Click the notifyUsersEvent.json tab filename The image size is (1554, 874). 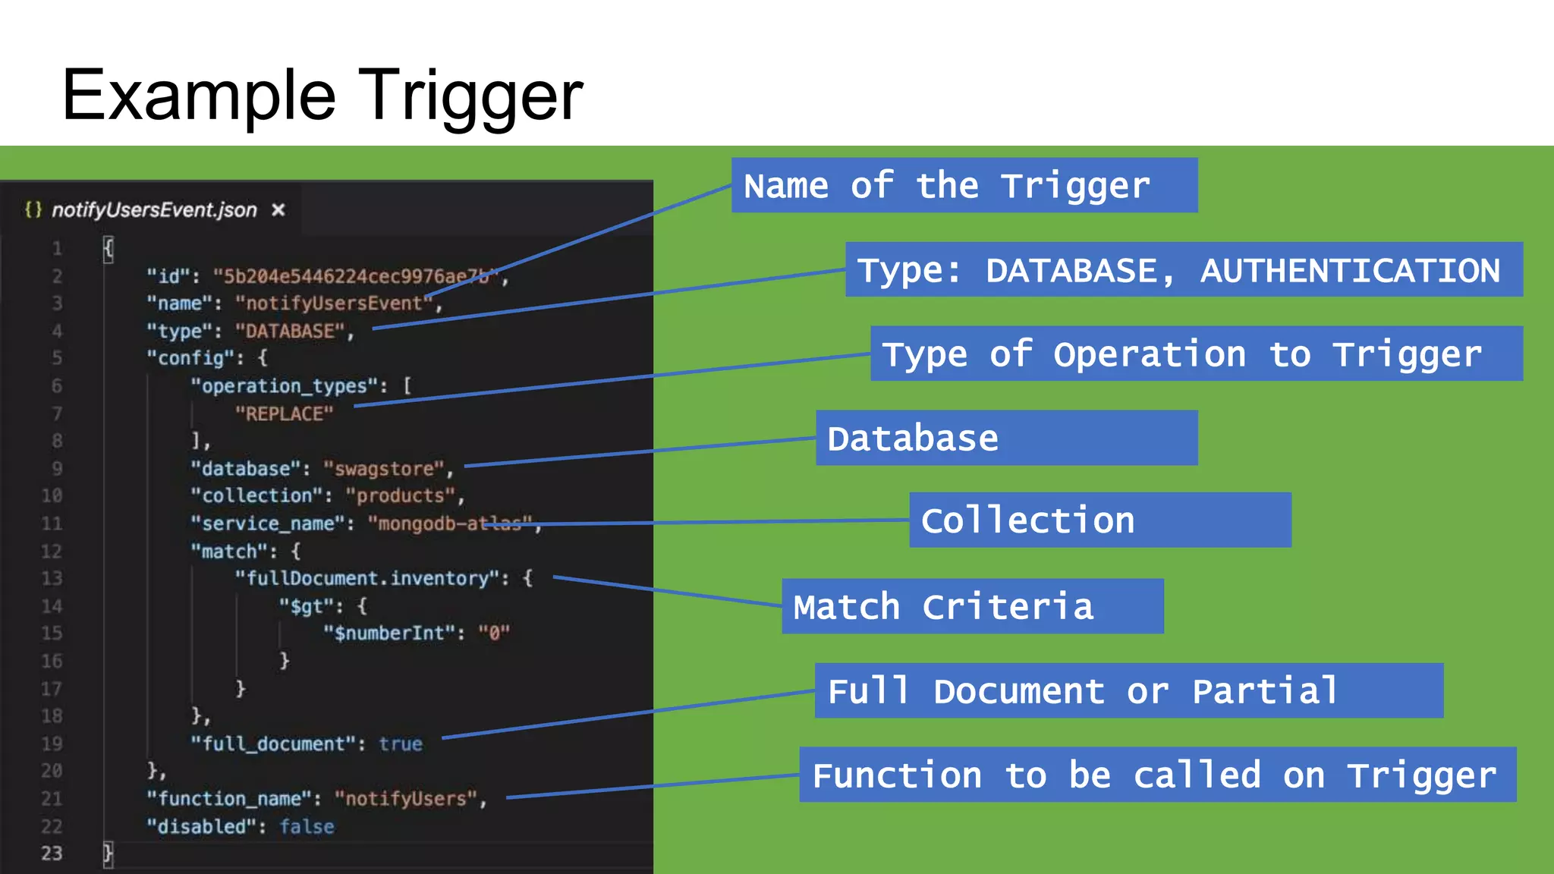coord(154,210)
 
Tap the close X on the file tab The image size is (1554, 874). coord(278,210)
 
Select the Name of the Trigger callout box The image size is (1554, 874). coord(964,185)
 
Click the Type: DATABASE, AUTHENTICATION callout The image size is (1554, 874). coord(1184,269)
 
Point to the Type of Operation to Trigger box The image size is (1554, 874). coord(1196,354)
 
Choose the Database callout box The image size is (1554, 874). coord(1006,438)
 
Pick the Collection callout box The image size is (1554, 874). coord(1100,520)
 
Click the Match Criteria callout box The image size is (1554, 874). coord(972,606)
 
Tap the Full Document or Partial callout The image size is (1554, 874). coord(1128,690)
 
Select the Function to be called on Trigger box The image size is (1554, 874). coord(1157,775)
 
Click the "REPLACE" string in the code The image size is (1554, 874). coord(284,413)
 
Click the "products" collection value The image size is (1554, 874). coord(401,495)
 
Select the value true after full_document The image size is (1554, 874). coord(401,744)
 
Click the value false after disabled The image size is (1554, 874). coord(307,826)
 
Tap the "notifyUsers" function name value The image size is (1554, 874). coord(407,799)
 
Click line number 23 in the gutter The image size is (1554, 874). coord(52,854)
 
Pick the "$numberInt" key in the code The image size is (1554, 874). coord(389,633)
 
